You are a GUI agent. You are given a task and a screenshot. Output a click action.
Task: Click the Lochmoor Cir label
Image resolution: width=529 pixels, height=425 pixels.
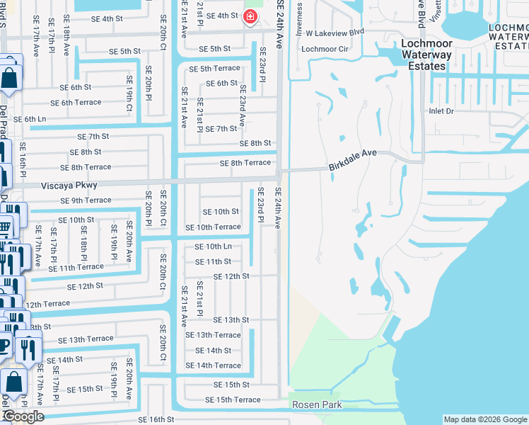pyautogui.click(x=325, y=49)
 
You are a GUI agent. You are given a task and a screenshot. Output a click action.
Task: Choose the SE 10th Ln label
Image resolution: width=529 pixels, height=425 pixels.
pyautogui.click(x=213, y=246)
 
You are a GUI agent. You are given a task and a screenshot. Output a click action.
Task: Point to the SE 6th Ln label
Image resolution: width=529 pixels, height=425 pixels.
pyautogui.click(x=30, y=119)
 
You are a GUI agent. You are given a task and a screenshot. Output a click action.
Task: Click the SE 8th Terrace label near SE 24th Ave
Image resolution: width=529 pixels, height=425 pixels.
pyautogui.click(x=245, y=163)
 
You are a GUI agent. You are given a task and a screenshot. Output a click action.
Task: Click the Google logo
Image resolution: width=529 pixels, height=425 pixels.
pyautogui.click(x=23, y=416)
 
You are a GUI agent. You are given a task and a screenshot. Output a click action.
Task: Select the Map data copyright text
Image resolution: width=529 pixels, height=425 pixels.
pyautogui.click(x=484, y=419)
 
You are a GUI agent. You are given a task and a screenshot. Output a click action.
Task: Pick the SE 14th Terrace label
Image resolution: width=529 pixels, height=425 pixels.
pyautogui.click(x=213, y=365)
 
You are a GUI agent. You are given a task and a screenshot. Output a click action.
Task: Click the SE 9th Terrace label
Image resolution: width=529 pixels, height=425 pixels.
pyautogui.click(x=88, y=200)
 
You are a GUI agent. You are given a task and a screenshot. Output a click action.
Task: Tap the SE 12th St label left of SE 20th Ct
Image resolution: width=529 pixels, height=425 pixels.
pyautogui.click(x=85, y=286)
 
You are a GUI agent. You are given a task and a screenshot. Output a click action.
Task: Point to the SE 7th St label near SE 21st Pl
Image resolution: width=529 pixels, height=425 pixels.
pyautogui.click(x=221, y=129)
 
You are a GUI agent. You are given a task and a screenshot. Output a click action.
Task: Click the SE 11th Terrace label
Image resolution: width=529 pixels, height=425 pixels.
pyautogui.click(x=76, y=268)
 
